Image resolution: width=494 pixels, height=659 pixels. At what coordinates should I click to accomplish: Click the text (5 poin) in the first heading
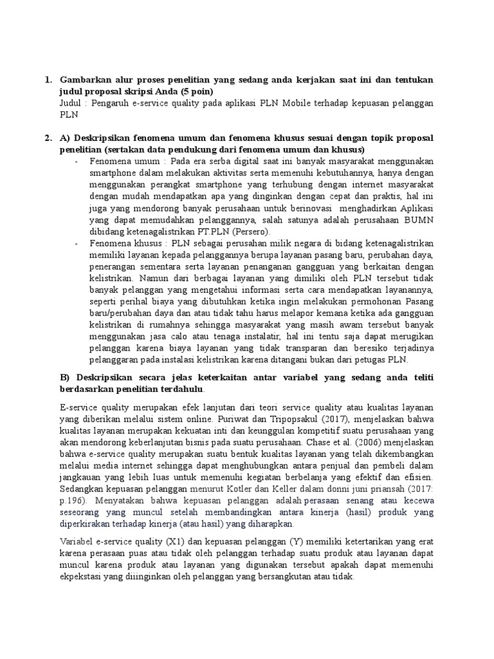196,91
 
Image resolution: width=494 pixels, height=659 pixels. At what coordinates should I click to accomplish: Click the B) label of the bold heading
65,377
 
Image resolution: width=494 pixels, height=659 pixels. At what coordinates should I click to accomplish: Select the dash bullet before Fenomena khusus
77,243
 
